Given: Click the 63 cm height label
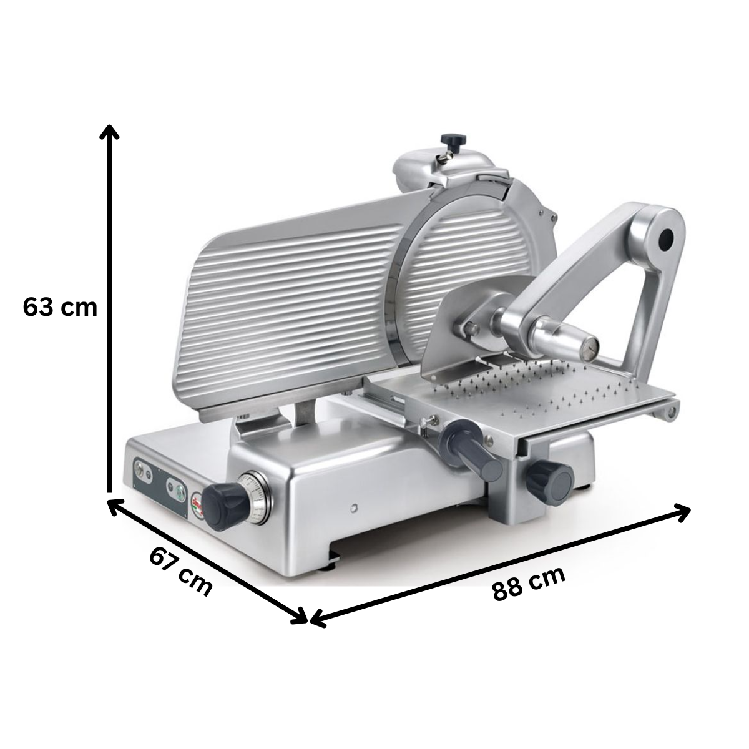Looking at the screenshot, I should coord(61,307).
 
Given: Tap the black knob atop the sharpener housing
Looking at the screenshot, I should coord(450,140).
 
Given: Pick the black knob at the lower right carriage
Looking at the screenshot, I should coord(549,479).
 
